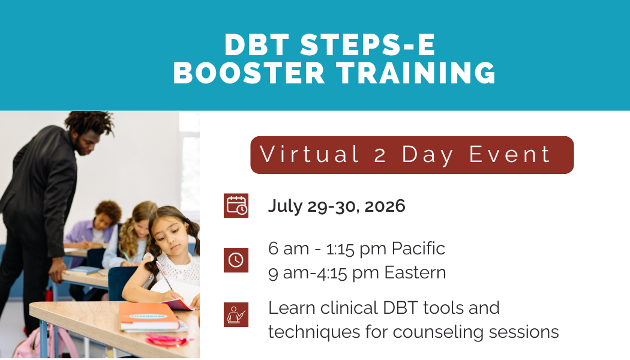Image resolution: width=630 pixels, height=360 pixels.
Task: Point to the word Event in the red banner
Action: (509, 155)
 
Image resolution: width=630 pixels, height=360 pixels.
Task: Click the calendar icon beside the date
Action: (236, 206)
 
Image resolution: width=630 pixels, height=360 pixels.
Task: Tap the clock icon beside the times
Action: (236, 260)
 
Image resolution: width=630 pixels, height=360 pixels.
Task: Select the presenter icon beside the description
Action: (236, 314)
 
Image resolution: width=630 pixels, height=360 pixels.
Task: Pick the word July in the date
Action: (285, 206)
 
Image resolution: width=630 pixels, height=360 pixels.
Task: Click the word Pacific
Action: (418, 248)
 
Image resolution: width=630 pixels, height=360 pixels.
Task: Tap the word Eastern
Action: (415, 273)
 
